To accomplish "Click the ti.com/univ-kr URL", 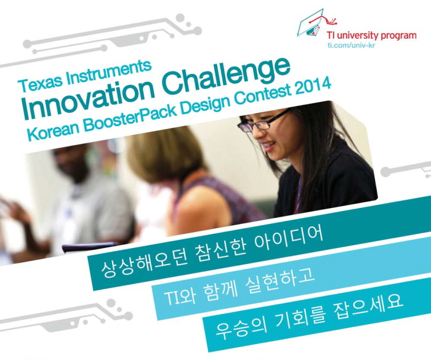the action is click(x=351, y=44).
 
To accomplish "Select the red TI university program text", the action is click(x=371, y=36).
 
